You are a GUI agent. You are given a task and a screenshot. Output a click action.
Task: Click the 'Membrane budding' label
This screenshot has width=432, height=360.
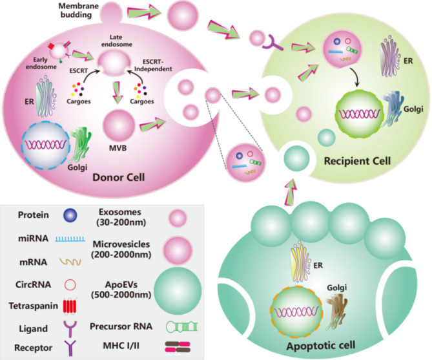pyautogui.click(x=78, y=10)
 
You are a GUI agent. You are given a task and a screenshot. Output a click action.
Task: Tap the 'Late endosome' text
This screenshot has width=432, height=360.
pyautogui.click(x=116, y=41)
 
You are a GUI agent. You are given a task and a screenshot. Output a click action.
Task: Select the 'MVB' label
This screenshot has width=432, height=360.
pyautogui.click(x=118, y=148)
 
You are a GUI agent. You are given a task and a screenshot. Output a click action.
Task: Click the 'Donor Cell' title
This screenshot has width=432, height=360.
pyautogui.click(x=118, y=177)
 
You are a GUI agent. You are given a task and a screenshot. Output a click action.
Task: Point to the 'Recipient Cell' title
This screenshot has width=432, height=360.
pyautogui.click(x=357, y=161)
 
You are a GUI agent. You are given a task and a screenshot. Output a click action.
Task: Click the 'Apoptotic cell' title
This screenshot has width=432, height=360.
pyautogui.click(x=321, y=346)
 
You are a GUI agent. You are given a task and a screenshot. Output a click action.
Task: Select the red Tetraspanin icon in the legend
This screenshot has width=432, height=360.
pyautogui.click(x=70, y=306)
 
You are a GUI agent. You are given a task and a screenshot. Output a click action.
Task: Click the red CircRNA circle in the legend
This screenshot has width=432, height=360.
pyautogui.click(x=70, y=284)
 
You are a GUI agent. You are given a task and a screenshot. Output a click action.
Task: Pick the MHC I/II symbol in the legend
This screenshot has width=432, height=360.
pyautogui.click(x=178, y=347)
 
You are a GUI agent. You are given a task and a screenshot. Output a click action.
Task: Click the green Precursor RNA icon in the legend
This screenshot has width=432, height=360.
pyautogui.click(x=182, y=326)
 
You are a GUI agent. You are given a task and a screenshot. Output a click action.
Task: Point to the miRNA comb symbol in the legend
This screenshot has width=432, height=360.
pyautogui.click(x=70, y=239)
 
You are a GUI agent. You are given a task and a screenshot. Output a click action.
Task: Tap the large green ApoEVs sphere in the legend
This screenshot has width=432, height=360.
pyautogui.click(x=178, y=290)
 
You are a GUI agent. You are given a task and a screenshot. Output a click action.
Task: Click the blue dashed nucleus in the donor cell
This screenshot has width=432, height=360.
pyautogui.click(x=46, y=145)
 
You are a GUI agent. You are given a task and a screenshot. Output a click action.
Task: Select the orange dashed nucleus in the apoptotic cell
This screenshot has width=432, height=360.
pyautogui.click(x=297, y=312)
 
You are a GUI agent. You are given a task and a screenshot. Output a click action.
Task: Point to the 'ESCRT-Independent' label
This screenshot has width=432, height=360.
pyautogui.click(x=153, y=65)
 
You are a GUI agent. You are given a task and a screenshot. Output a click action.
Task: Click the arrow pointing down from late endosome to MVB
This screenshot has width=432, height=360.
pyautogui.click(x=118, y=92)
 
